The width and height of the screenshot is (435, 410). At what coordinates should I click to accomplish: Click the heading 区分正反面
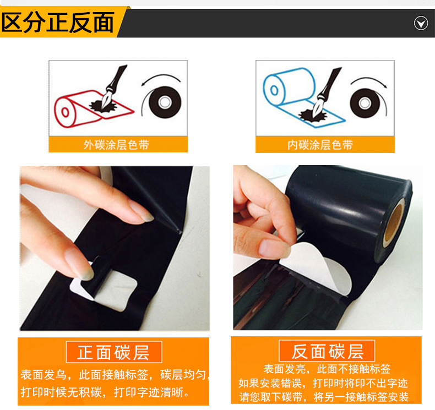click(x=58, y=22)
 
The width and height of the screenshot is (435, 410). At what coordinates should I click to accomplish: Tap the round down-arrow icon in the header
click(x=421, y=23)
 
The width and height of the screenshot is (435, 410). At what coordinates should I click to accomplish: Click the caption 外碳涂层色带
click(x=116, y=145)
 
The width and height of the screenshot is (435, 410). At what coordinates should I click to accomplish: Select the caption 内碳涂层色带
click(x=320, y=145)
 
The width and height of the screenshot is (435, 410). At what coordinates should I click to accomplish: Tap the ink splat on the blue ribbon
click(x=313, y=115)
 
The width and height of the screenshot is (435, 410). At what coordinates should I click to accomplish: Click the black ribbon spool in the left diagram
click(x=165, y=102)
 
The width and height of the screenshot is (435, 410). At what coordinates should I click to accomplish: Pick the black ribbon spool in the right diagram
click(x=365, y=103)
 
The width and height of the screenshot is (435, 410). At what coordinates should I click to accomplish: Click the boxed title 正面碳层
click(x=114, y=352)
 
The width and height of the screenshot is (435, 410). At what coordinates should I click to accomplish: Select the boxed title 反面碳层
click(x=327, y=351)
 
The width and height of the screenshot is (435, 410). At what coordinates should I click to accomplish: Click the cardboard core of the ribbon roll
click(x=394, y=222)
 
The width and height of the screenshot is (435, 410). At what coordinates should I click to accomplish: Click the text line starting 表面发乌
click(x=115, y=375)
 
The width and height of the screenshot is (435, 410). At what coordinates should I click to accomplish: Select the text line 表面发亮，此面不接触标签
click(x=327, y=369)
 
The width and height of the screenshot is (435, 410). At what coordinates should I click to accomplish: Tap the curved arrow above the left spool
click(x=160, y=75)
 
